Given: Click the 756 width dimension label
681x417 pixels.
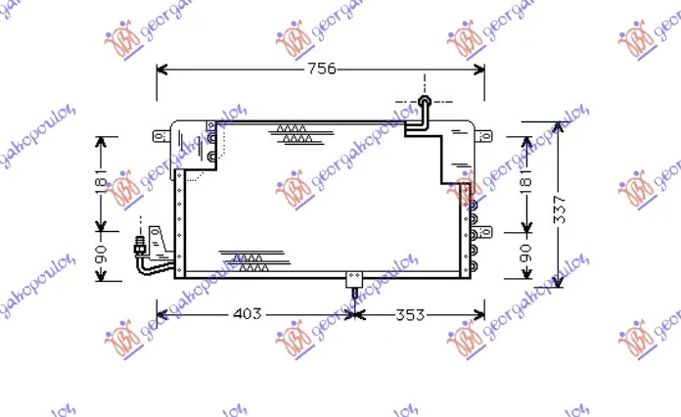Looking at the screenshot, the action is [x=322, y=69].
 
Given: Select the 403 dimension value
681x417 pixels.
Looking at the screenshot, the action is [x=248, y=313].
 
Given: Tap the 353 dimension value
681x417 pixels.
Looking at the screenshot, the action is [x=410, y=314].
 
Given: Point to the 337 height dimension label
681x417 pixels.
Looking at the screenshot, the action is [x=560, y=209].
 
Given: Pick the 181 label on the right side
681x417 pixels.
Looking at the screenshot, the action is [x=525, y=181].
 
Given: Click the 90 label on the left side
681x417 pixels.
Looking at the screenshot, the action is [x=101, y=255].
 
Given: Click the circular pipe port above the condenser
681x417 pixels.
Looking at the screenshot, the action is [x=425, y=101].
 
